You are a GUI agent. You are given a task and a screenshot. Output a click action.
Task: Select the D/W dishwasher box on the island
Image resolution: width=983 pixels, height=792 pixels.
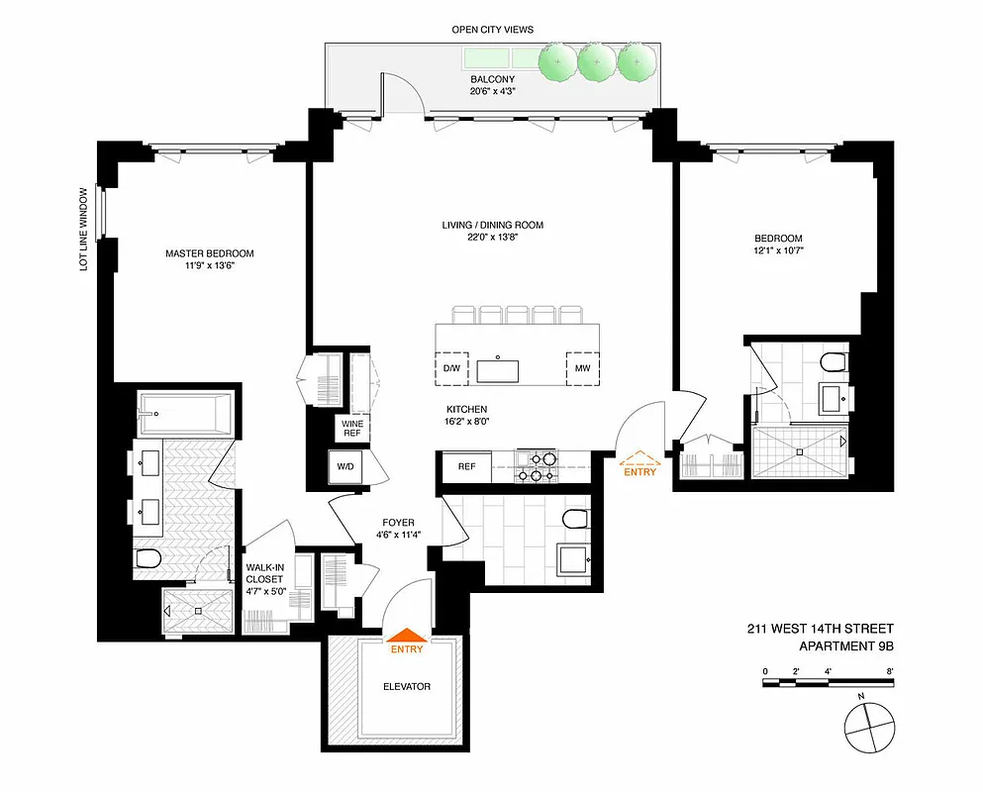(x=452, y=369)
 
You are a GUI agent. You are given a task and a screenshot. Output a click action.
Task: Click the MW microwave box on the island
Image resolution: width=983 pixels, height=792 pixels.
(x=581, y=369)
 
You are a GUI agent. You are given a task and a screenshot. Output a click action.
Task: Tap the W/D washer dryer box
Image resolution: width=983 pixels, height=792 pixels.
(x=346, y=466)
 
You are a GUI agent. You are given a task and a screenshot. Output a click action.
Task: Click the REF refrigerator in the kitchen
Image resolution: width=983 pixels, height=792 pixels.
(x=465, y=466)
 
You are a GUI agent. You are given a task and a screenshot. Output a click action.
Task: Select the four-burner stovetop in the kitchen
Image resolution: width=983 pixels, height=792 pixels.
(x=536, y=466)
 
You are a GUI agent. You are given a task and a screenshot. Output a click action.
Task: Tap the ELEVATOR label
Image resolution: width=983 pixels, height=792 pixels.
(x=406, y=686)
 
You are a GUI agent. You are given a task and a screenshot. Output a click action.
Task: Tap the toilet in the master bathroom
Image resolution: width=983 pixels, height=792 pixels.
(x=147, y=559)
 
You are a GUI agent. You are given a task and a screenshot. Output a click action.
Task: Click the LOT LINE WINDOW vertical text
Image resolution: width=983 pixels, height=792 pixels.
(x=86, y=229)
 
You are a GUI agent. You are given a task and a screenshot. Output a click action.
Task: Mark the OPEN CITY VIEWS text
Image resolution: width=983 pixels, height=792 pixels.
(x=492, y=30)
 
